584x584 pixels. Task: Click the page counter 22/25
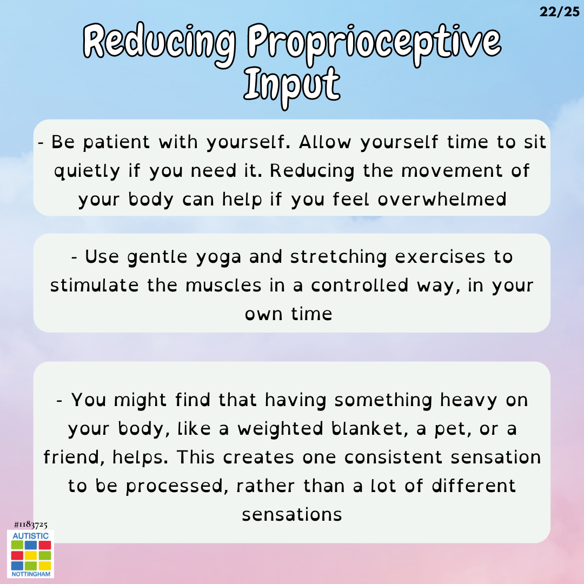point(560,12)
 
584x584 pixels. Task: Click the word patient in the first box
point(116,143)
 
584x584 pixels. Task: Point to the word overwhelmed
point(442,199)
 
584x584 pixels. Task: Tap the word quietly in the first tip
point(87,171)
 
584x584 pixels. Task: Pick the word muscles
point(223,286)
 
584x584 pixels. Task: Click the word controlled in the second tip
point(360,286)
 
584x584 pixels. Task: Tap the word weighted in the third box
point(281,429)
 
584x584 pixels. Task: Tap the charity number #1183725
point(30,525)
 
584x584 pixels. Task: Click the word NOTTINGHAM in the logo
point(31,574)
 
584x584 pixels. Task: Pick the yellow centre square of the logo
point(31,556)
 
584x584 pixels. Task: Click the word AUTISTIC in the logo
point(30,536)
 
